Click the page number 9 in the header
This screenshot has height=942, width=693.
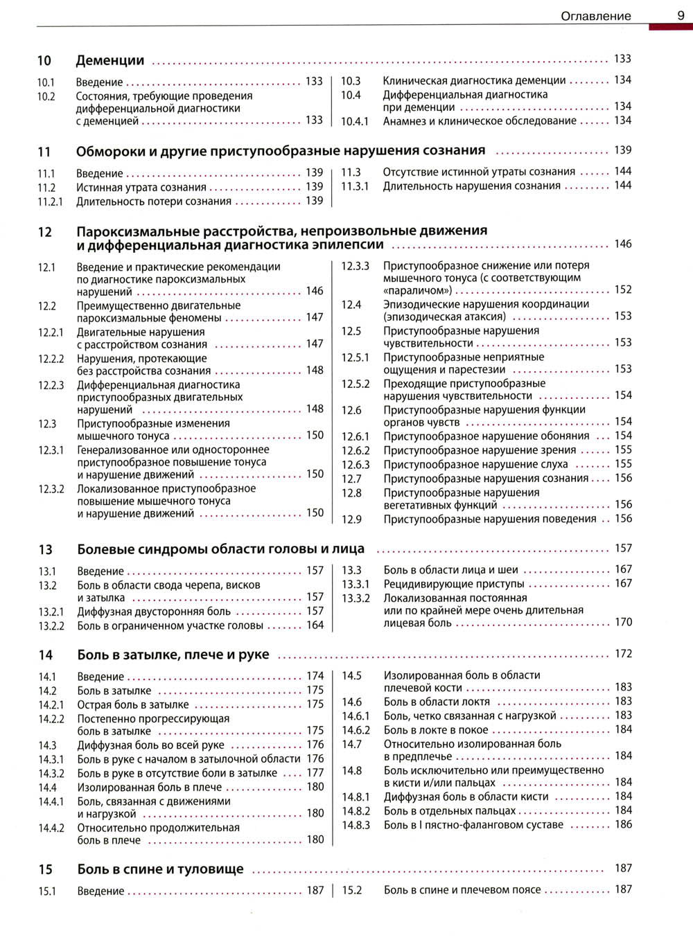coord(681,15)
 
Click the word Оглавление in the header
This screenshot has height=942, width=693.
coord(595,16)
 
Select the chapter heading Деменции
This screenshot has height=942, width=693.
coord(110,61)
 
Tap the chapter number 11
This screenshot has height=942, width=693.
coord(44,152)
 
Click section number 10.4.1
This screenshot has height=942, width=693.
coord(354,121)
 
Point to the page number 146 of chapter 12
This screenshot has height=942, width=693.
coord(623,244)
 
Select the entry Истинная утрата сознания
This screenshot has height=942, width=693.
coord(141,188)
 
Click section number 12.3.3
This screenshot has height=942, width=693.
coord(355,266)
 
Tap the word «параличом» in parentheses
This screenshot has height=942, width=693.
coord(417,291)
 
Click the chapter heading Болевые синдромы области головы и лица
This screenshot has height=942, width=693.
coord(220,549)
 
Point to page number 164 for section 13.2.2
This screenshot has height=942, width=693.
coord(315,625)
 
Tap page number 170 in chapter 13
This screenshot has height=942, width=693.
coord(623,622)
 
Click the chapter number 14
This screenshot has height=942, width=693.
coord(46,655)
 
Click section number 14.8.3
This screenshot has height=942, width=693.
coord(356,825)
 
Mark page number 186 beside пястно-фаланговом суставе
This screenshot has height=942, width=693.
coord(623,824)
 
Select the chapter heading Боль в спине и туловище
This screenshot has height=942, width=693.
coord(160,869)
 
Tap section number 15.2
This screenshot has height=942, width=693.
coord(352,890)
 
